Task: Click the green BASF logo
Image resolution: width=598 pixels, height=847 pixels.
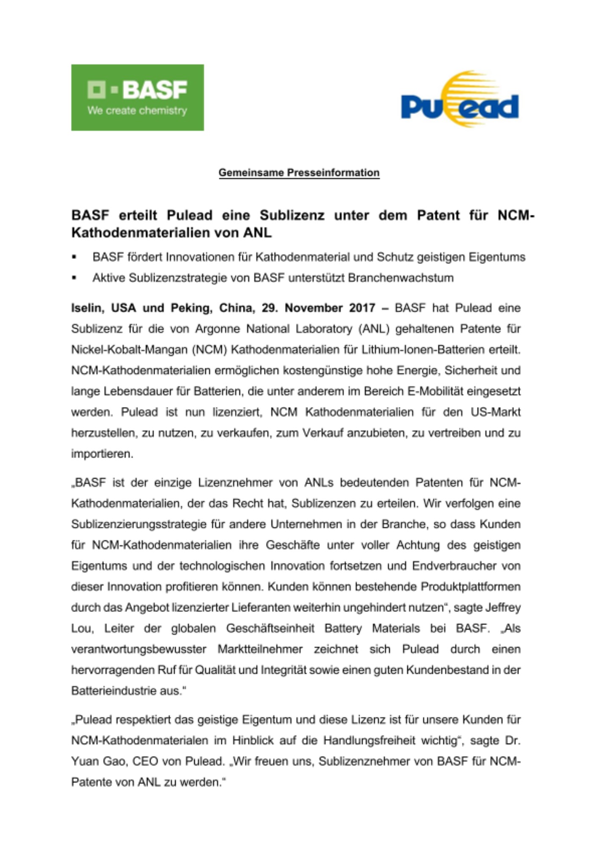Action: click(137, 97)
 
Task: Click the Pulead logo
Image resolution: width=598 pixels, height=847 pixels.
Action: click(460, 100)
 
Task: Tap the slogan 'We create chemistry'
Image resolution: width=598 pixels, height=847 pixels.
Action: click(137, 111)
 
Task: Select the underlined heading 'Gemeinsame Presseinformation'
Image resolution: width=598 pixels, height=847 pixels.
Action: click(299, 173)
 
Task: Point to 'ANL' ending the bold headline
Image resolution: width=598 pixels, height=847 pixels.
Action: click(257, 233)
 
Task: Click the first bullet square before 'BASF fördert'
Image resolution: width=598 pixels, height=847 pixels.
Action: click(74, 257)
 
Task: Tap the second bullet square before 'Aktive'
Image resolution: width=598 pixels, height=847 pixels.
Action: click(74, 278)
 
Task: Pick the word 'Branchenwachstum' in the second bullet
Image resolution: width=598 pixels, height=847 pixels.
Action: click(400, 278)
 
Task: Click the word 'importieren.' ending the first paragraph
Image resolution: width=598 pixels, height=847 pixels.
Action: click(102, 454)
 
